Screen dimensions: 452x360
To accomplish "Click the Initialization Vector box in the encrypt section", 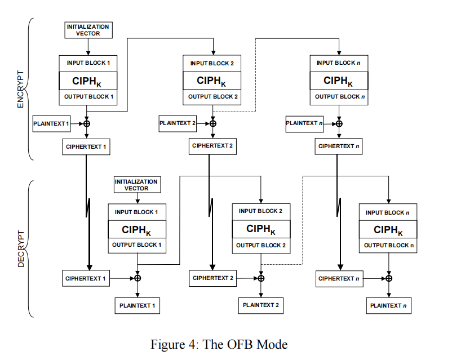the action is [x=88, y=30].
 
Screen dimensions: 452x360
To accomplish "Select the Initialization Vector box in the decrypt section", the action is [x=137, y=185].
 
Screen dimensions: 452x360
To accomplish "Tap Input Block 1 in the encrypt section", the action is [x=88, y=64].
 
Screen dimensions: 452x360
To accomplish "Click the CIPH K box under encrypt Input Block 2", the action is [x=212, y=81].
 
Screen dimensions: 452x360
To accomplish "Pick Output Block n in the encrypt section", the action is [x=339, y=97].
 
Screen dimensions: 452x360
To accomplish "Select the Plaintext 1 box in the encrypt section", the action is [x=52, y=123].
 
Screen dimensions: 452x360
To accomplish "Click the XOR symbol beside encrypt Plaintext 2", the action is [x=212, y=123].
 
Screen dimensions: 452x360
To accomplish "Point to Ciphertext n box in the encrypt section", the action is [x=338, y=146].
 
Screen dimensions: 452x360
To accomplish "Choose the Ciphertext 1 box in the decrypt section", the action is [x=86, y=278].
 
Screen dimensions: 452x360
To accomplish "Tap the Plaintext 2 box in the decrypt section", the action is [x=261, y=305].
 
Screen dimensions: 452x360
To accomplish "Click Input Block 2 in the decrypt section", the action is [x=261, y=212].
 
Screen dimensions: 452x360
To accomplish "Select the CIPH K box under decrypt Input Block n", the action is [x=388, y=229].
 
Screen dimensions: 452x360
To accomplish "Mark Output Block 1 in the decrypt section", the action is [x=137, y=245].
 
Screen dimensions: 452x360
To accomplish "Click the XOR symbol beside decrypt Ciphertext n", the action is [x=389, y=278].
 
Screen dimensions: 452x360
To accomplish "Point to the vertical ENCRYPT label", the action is [x=20, y=89].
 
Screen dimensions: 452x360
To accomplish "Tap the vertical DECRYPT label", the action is [x=21, y=249].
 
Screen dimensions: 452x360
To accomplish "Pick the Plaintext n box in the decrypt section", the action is [x=388, y=305].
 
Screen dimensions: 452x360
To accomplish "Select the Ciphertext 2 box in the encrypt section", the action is [x=212, y=146].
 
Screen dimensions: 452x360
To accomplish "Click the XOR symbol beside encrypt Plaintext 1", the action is [x=87, y=123].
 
